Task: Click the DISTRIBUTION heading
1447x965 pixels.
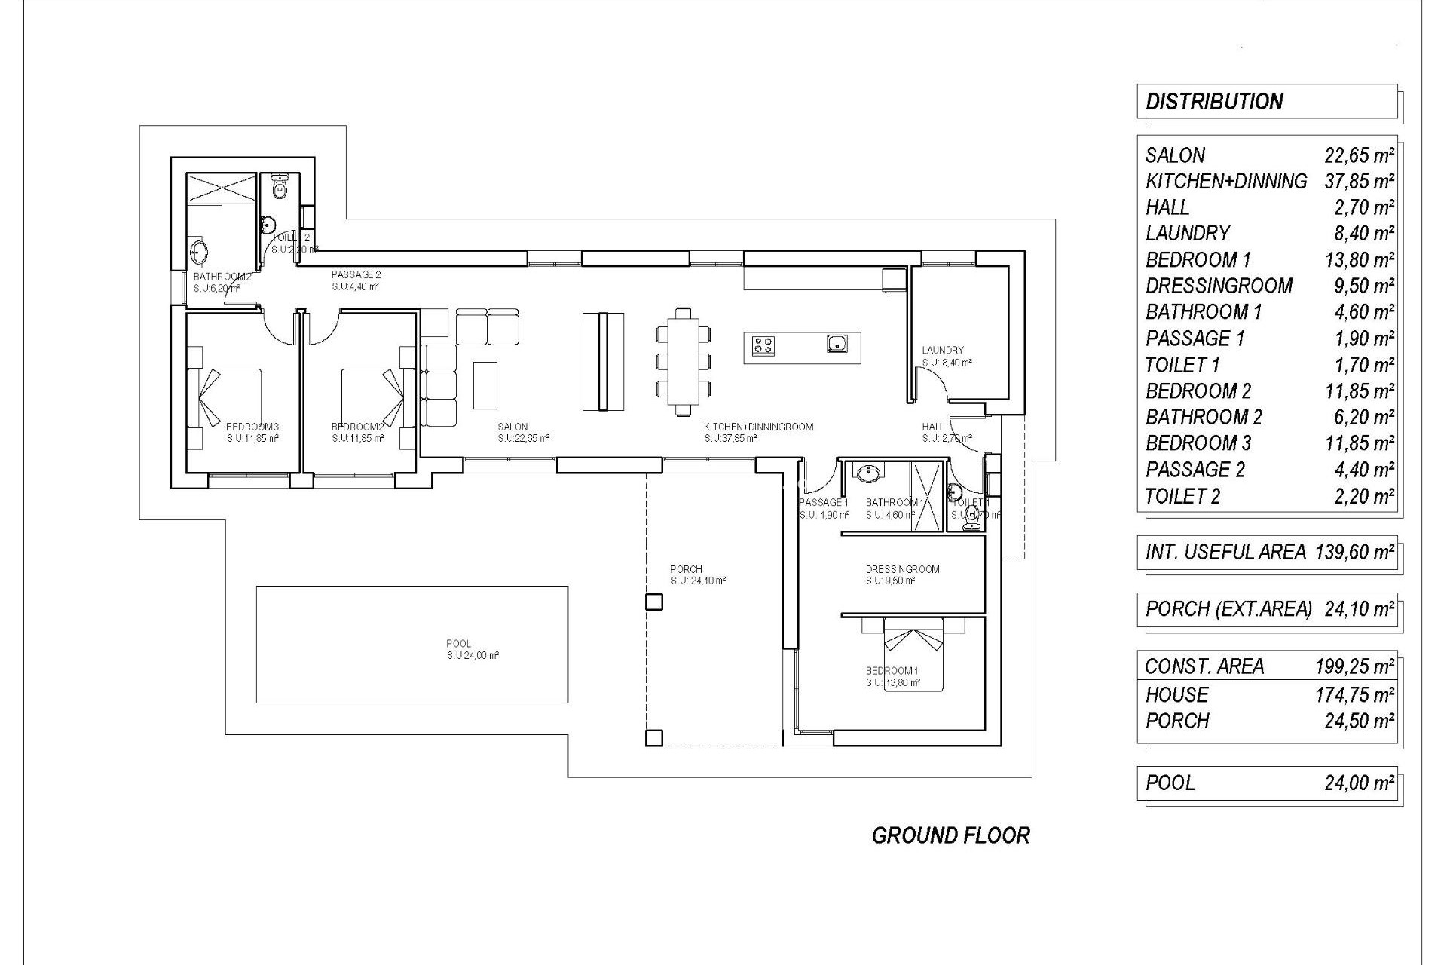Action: tap(1213, 102)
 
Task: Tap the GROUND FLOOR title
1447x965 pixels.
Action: tap(950, 835)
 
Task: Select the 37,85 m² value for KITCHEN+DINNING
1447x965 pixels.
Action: tap(1359, 182)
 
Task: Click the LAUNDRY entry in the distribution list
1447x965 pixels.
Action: tap(1188, 234)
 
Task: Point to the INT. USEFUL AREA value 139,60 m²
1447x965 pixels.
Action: tap(1354, 553)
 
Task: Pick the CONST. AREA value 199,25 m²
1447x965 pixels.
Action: tap(1354, 666)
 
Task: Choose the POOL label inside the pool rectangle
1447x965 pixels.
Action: tap(458, 644)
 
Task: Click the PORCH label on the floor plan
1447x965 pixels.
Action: tap(686, 570)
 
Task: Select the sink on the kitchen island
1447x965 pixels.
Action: tap(837, 345)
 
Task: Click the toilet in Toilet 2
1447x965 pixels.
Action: tap(280, 186)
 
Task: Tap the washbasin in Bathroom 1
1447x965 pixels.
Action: tap(869, 473)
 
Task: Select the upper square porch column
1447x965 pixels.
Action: tap(654, 602)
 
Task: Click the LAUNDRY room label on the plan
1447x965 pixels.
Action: tap(943, 351)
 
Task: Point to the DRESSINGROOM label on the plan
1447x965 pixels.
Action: tap(902, 570)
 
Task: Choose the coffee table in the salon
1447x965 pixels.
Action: tap(485, 384)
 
